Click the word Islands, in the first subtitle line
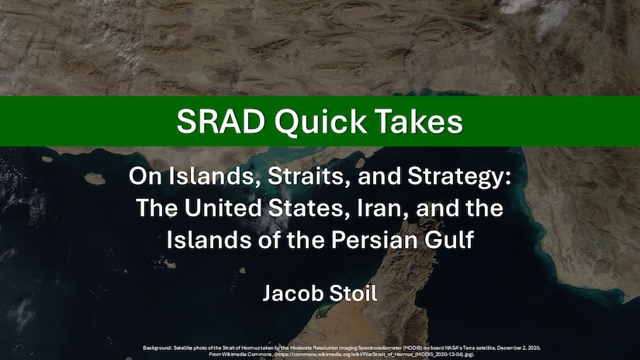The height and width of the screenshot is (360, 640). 197,176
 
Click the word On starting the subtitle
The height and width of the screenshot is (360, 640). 140,176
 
